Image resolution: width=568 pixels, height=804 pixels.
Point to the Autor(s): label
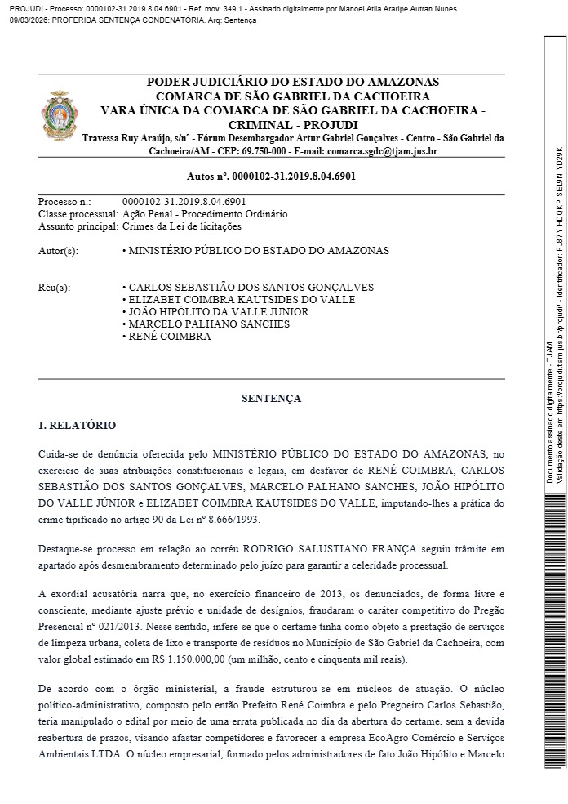(x=58, y=251)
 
